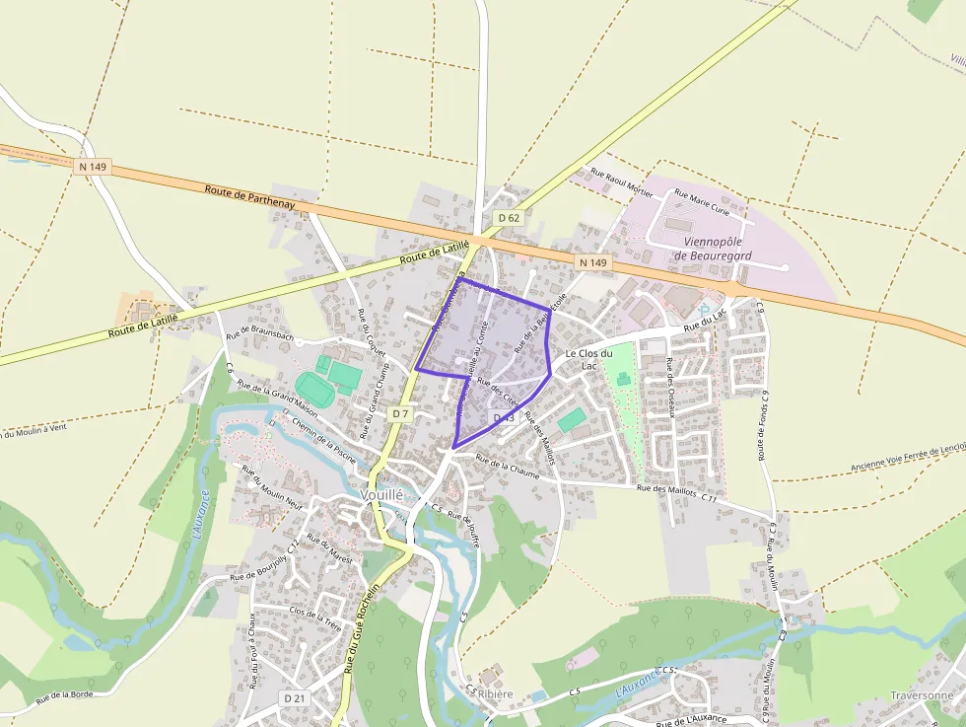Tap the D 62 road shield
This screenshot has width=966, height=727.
pyautogui.click(x=509, y=218)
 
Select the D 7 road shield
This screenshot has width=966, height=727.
pyautogui.click(x=399, y=414)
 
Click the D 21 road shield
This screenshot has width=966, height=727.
pyautogui.click(x=294, y=698)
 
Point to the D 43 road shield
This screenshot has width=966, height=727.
pyautogui.click(x=504, y=419)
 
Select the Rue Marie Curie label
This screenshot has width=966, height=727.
pyautogui.click(x=701, y=204)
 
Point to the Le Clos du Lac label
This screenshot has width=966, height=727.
pyautogui.click(x=588, y=359)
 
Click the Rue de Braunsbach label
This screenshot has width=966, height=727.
pyautogui.click(x=260, y=335)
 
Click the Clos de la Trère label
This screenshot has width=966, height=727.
pyautogui.click(x=316, y=618)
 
